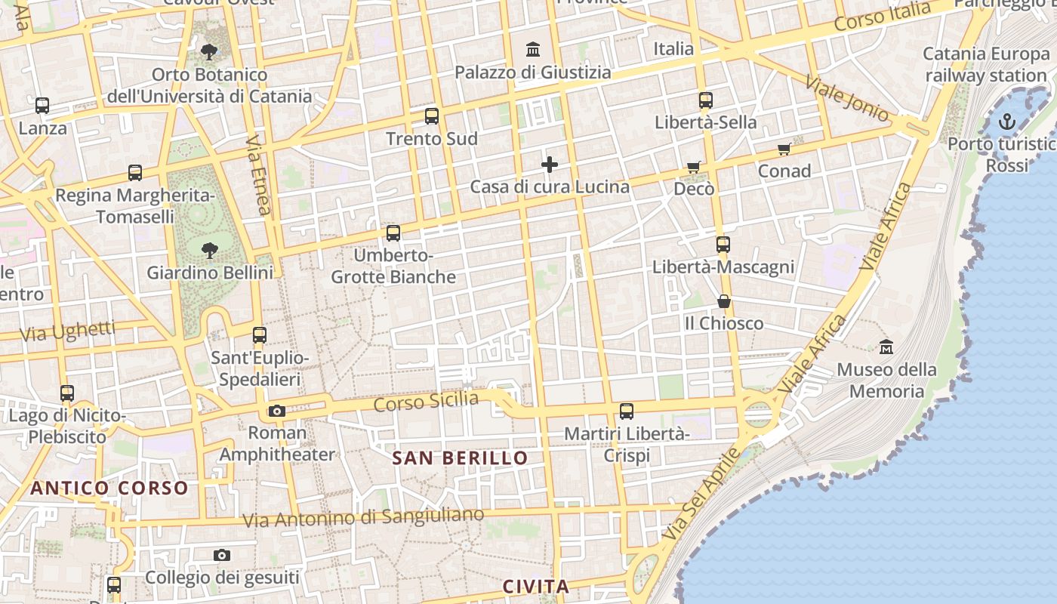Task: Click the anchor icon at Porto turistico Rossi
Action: [x=1006, y=122]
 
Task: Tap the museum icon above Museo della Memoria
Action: [x=886, y=347]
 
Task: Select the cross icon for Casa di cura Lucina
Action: [x=550, y=165]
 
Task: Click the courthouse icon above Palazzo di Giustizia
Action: [x=533, y=50]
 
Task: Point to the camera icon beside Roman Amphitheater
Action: [x=277, y=411]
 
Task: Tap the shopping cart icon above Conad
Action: [x=784, y=149]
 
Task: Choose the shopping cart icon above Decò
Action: [x=694, y=167]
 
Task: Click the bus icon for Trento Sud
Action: [x=432, y=116]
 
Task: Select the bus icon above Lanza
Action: [x=42, y=106]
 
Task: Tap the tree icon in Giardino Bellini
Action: [x=209, y=250]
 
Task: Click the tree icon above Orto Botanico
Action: [x=209, y=53]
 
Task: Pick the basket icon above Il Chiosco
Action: [x=724, y=301]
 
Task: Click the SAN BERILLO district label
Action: [x=460, y=458]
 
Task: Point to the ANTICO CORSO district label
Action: [x=109, y=488]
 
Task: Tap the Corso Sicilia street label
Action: [x=427, y=402]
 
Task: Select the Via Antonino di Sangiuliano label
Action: [x=363, y=518]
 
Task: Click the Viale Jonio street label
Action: [x=846, y=98]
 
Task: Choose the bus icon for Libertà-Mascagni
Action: [x=723, y=245]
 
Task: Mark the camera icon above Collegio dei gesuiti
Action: [x=221, y=556]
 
